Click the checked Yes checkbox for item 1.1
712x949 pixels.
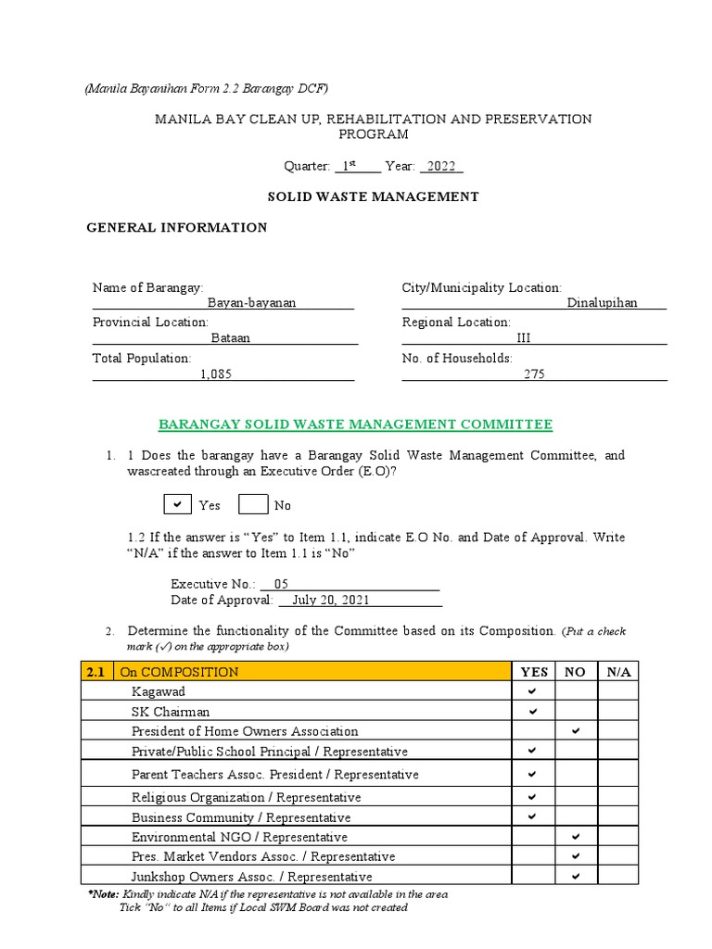point(177,505)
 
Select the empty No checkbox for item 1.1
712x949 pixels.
point(253,505)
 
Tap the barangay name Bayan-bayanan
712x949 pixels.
point(251,303)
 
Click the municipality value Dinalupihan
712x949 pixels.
point(602,303)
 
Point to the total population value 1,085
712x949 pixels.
point(216,373)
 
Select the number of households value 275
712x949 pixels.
point(534,373)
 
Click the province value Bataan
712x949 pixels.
point(231,338)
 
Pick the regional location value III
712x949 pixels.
point(523,338)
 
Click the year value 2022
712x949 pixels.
point(442,166)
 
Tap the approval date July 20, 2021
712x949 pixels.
point(331,600)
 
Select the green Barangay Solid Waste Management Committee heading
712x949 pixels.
point(355,424)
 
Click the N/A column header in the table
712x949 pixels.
point(618,672)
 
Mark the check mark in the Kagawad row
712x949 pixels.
point(533,691)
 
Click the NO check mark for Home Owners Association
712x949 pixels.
point(576,731)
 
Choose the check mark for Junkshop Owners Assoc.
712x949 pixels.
point(576,876)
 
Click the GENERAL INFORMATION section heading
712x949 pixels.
point(176,227)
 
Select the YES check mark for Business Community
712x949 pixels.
point(533,816)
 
